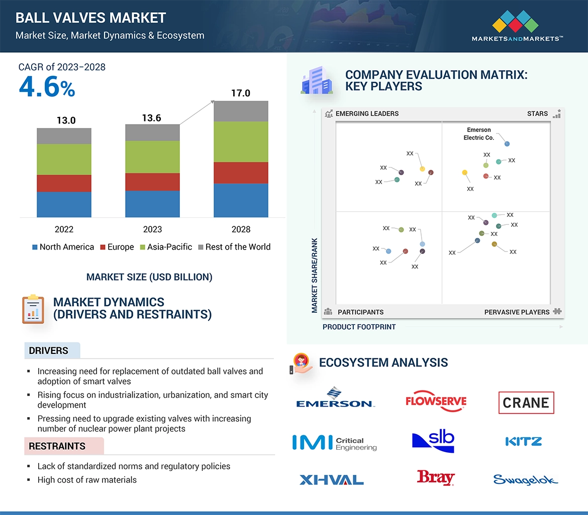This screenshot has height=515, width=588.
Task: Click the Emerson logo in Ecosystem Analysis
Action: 335,398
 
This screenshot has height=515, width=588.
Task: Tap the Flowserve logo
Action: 436,401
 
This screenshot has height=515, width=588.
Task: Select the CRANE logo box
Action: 526,403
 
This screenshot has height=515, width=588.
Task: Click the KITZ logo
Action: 523,442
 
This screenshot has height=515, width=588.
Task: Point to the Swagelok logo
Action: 525,480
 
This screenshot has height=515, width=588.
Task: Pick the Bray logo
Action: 436,477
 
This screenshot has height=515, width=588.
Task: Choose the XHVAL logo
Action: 331,480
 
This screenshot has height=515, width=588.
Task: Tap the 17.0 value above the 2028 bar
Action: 241,93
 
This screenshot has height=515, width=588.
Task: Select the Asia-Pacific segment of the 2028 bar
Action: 241,142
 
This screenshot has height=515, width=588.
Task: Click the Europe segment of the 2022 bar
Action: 64,183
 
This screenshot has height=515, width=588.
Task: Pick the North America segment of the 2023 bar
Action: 152,204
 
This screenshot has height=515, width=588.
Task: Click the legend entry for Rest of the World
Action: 234,247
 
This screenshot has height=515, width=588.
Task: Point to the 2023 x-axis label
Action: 152,229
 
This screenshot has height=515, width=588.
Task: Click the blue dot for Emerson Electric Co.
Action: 507,144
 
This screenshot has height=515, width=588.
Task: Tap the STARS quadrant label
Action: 537,114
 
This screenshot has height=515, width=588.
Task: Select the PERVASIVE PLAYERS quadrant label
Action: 517,312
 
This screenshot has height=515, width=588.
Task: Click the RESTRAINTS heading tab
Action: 57,446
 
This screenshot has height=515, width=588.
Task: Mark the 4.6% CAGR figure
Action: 47,87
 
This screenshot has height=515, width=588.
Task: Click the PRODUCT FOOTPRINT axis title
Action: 359,327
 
